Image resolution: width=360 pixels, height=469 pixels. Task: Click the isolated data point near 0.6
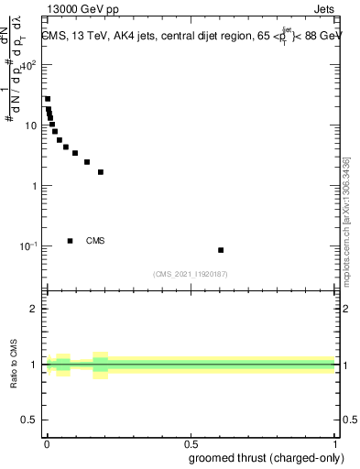click(x=221, y=250)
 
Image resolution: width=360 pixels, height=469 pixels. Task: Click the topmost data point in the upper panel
click(x=48, y=99)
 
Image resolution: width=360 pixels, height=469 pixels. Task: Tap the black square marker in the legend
click(x=71, y=241)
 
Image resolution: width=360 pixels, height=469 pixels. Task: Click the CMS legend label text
click(x=95, y=241)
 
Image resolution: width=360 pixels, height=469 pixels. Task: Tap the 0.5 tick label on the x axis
click(x=191, y=442)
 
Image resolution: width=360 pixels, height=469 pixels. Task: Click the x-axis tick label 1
click(x=335, y=442)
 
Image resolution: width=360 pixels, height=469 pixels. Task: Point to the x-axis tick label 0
click(x=47, y=442)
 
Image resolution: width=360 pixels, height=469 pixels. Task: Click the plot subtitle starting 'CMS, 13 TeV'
click(x=186, y=36)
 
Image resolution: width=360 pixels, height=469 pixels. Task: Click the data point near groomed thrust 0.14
click(x=87, y=162)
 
